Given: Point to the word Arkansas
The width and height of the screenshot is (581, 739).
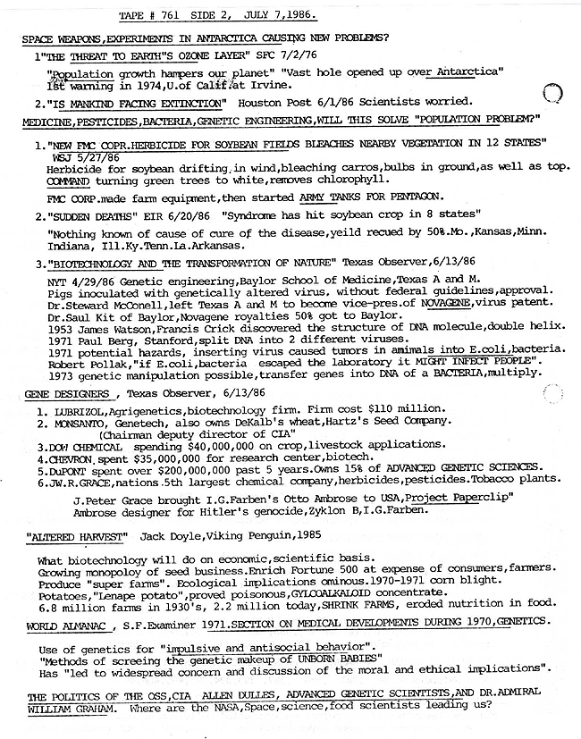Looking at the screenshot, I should pyautogui.click(x=214, y=245).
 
